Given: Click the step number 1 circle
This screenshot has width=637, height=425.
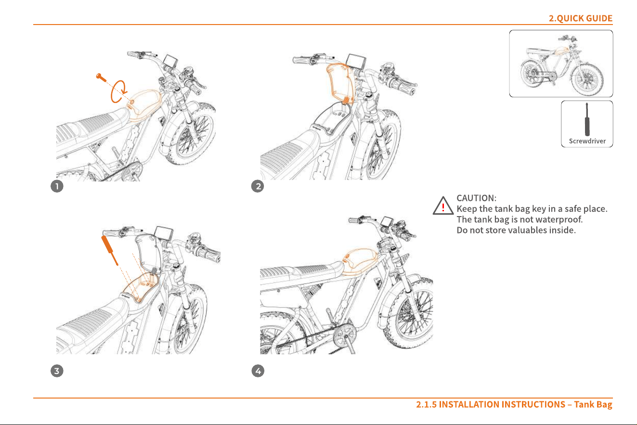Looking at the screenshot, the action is [x=57, y=186].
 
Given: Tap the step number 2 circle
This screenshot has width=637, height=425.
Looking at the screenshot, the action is [x=258, y=186].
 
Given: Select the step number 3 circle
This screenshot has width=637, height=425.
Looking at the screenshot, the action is [x=57, y=371].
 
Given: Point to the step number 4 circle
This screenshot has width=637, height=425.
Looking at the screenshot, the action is [x=258, y=371].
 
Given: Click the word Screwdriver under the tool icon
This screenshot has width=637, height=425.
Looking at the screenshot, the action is [x=587, y=141].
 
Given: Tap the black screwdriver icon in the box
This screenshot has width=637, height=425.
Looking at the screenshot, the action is [x=587, y=119].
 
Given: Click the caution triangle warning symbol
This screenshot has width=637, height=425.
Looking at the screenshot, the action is [x=443, y=206].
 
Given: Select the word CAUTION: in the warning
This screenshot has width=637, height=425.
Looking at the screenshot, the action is [x=476, y=198].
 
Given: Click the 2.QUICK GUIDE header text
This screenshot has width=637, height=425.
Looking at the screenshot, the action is [x=580, y=18].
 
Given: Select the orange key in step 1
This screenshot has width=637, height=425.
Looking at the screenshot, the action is [x=101, y=77].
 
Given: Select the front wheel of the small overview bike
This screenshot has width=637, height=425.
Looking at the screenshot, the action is [x=587, y=79].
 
